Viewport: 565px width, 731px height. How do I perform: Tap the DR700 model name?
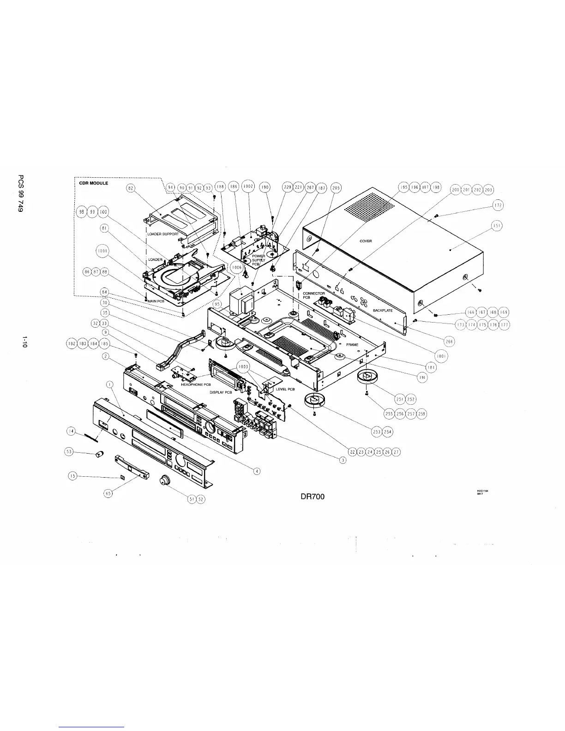(x=313, y=497)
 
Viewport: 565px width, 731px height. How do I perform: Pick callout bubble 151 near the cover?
(x=497, y=226)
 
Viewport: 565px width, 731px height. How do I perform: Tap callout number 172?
(x=498, y=205)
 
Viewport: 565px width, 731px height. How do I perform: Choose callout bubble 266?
(x=449, y=341)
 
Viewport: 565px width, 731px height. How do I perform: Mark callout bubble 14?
(x=71, y=431)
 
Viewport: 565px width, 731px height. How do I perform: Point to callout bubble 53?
(x=69, y=452)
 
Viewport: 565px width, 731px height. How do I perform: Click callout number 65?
(x=108, y=493)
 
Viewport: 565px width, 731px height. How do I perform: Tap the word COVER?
(x=366, y=241)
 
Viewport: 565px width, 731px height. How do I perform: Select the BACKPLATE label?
(x=383, y=311)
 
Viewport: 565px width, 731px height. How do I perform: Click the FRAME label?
(x=352, y=345)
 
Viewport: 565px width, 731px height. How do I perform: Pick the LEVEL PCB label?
(x=285, y=389)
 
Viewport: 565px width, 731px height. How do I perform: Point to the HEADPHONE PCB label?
(x=196, y=385)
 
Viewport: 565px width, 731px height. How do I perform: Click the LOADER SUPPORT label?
(x=162, y=234)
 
